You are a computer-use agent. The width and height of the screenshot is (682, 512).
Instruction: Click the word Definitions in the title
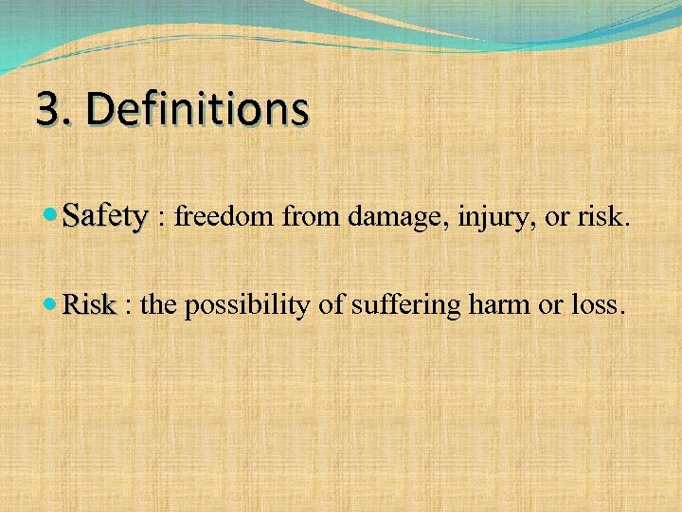coord(197,110)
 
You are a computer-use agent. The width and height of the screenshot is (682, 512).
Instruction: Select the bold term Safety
coord(105,218)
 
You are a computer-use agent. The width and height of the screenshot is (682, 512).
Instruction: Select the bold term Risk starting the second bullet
coord(90,306)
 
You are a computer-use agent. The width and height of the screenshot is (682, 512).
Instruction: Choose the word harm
coord(492,306)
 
